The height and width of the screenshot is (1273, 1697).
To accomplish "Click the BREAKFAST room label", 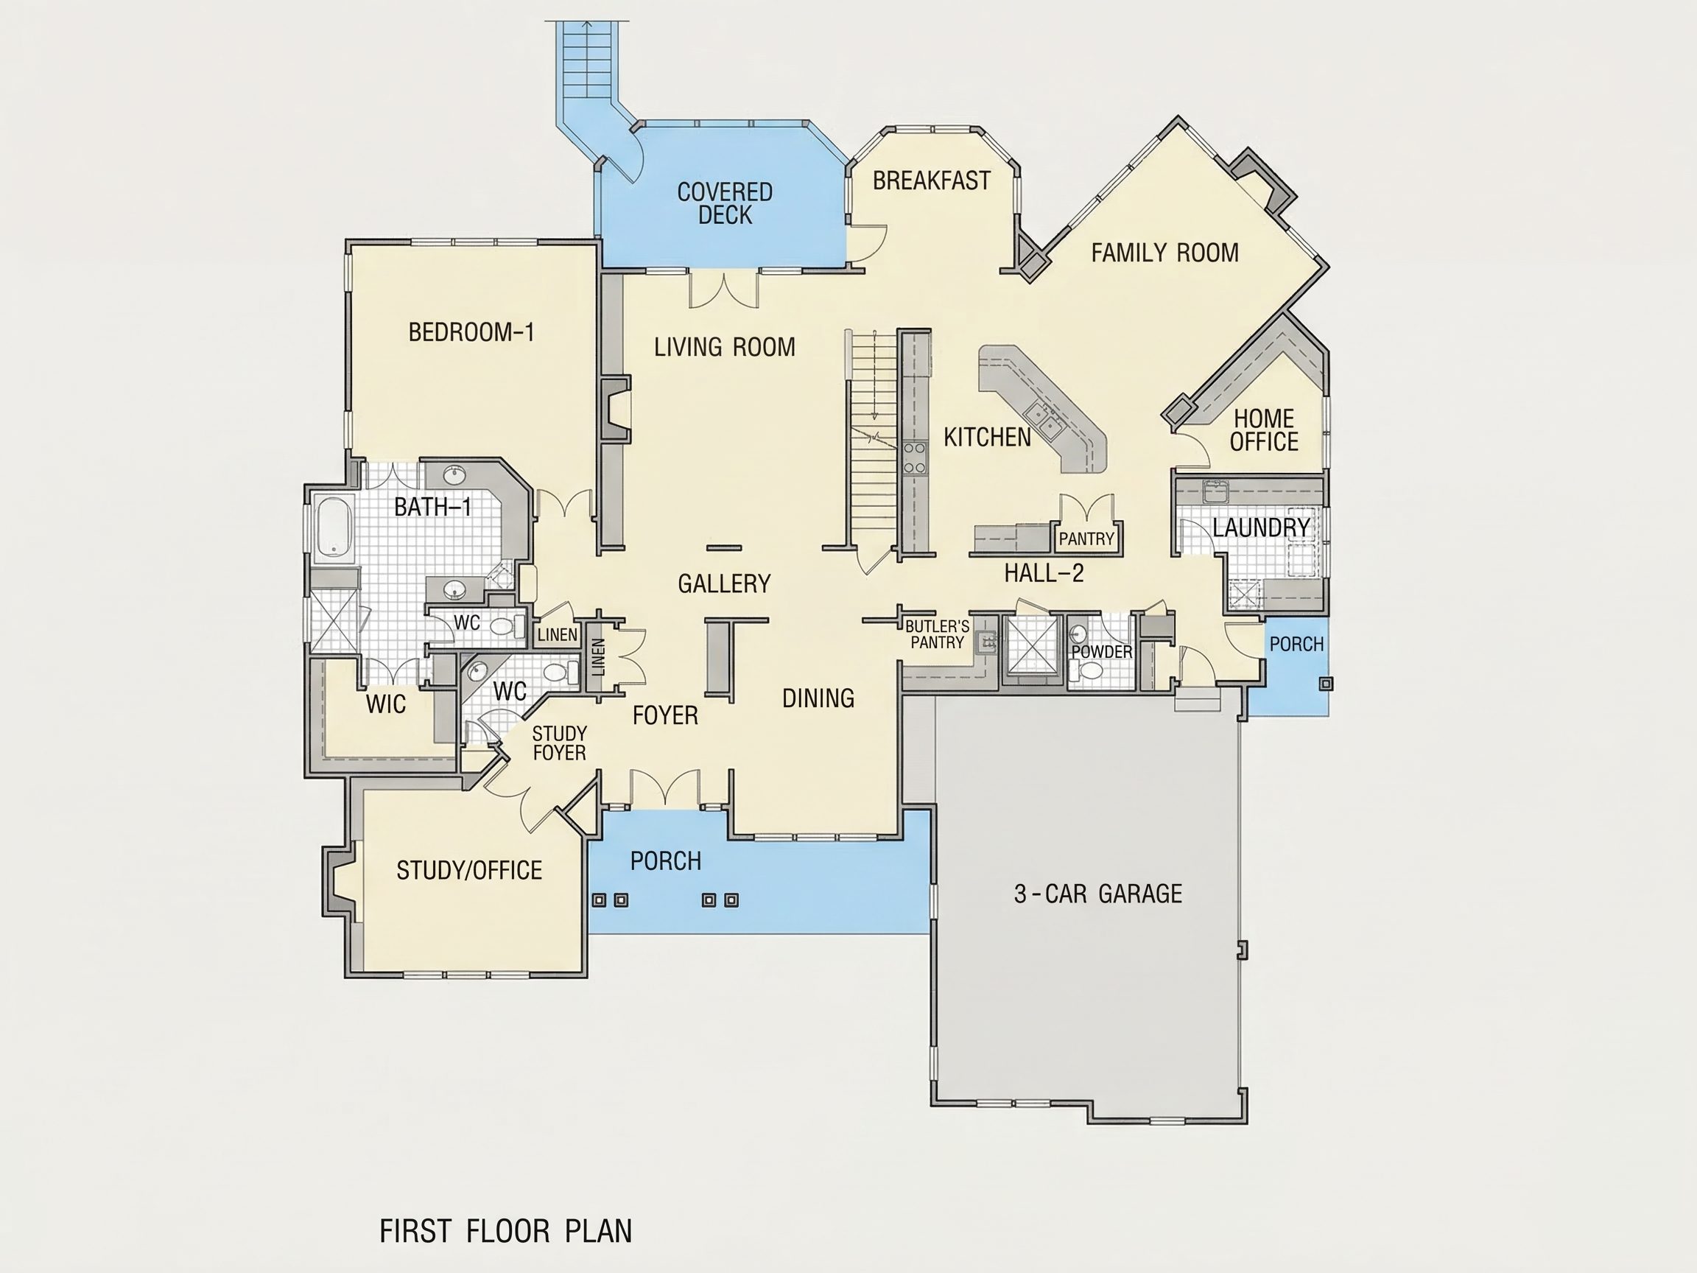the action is click(x=931, y=180).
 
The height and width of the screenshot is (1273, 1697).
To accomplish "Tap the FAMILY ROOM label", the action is click(x=1164, y=253).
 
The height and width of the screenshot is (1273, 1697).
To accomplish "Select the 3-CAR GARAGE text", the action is click(x=1098, y=893).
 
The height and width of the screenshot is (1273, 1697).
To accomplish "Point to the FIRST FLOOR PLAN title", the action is click(x=505, y=1231).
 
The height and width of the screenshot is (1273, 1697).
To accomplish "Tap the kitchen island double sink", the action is click(x=1041, y=418).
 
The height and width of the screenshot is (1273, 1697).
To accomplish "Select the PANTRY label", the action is click(x=1086, y=539).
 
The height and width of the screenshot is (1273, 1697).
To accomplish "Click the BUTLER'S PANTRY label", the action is click(x=937, y=634).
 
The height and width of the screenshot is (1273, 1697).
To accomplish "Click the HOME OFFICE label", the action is click(x=1264, y=429).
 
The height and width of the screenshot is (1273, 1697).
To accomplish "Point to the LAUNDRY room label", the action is click(x=1261, y=527).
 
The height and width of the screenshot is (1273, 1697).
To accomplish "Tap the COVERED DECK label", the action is click(x=724, y=203).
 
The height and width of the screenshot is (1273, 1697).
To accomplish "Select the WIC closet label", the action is click(x=386, y=704).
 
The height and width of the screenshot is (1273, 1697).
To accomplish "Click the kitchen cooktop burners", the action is click(x=914, y=457).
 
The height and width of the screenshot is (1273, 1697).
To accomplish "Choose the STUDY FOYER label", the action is click(x=559, y=743).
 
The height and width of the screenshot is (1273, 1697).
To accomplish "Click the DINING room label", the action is click(x=818, y=698).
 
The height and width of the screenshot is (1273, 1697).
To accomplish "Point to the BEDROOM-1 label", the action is click(x=471, y=332).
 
